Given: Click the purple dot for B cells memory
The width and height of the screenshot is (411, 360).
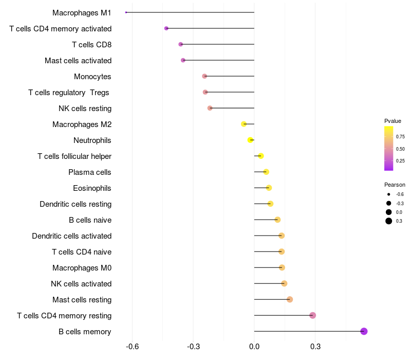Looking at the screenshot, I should (364, 331).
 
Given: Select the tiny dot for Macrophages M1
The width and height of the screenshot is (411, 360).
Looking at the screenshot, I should (126, 12).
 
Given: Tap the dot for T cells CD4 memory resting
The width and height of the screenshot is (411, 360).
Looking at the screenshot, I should (312, 315).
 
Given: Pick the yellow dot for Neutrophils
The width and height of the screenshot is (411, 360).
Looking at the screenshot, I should (250, 140).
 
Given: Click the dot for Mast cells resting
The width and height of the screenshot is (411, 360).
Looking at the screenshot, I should (290, 299).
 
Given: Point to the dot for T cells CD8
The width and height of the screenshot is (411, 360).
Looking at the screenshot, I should (180, 44).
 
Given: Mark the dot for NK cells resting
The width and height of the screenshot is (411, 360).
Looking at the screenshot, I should (210, 108).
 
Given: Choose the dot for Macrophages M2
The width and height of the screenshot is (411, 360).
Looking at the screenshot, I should (244, 124).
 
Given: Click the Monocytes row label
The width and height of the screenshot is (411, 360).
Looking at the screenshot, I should (92, 77).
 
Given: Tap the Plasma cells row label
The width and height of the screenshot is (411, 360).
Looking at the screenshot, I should (90, 172).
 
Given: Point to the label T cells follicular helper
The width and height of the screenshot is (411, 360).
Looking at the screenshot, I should (74, 156).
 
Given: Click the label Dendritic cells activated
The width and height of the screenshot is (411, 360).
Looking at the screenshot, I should (72, 236).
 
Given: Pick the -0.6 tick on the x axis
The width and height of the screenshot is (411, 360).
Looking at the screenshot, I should (133, 347).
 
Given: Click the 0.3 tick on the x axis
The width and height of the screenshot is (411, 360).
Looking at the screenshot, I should (315, 347).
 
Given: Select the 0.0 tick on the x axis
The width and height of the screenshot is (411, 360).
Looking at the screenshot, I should (254, 347).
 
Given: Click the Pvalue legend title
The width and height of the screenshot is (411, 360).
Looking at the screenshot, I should (393, 121).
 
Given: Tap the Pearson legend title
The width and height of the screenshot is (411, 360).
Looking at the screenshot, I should (395, 185).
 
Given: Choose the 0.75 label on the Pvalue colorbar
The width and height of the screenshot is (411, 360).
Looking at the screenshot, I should (400, 137).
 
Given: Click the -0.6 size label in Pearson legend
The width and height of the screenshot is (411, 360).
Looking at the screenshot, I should (400, 194).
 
